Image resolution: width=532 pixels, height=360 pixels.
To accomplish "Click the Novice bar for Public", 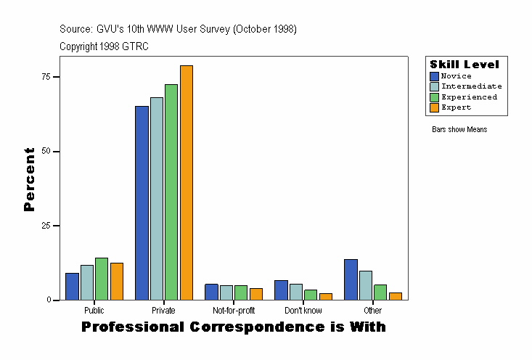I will click(x=72, y=287).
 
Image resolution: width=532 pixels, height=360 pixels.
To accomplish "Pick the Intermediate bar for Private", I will click(x=156, y=199).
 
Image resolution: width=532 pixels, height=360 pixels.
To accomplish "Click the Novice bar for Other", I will click(x=351, y=279).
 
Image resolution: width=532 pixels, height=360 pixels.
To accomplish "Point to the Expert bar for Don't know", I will click(x=326, y=297).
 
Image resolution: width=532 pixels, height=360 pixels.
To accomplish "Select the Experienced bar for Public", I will click(x=102, y=279).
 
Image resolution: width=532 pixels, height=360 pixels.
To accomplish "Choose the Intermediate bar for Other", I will click(x=366, y=285).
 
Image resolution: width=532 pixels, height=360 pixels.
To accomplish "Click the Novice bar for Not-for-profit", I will click(x=211, y=292).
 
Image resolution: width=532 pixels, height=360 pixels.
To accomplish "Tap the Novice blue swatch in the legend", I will click(x=434, y=76).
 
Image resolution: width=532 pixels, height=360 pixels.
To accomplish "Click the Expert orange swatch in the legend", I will click(x=434, y=107).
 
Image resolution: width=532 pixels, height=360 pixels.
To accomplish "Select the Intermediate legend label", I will click(x=472, y=86).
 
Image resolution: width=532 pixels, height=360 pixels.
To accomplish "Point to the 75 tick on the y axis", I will click(x=57, y=77).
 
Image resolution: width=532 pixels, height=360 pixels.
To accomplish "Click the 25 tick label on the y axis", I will click(x=46, y=226).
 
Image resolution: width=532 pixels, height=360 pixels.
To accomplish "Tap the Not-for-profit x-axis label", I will click(x=234, y=311).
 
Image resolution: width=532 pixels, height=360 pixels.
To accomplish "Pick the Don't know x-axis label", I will click(x=303, y=311).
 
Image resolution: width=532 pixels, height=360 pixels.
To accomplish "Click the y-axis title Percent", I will click(x=29, y=179).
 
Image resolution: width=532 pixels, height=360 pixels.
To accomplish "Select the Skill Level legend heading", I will click(x=465, y=65).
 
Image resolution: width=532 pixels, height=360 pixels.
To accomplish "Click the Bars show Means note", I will click(x=459, y=130).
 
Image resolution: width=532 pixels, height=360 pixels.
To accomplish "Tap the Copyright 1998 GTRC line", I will click(x=104, y=46).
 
